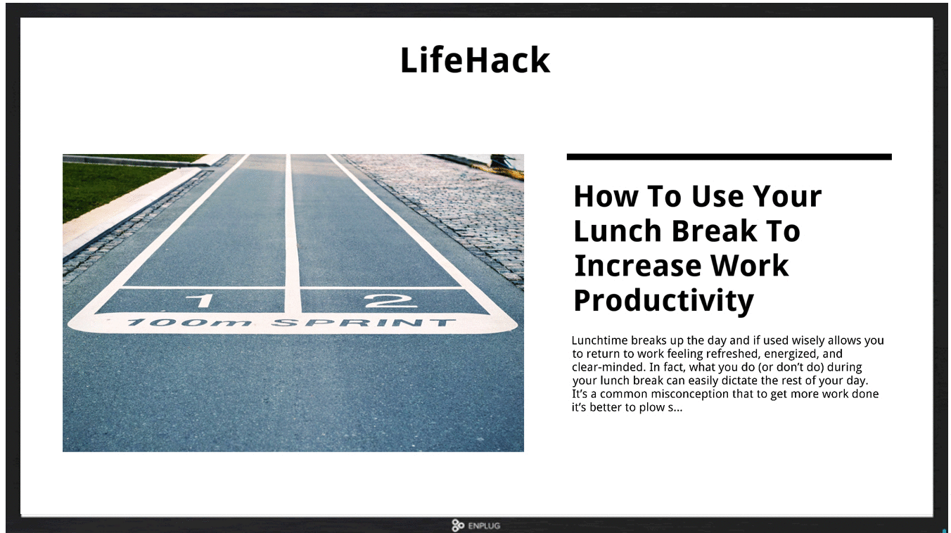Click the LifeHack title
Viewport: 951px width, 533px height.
(475, 60)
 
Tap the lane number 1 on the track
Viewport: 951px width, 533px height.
(200, 300)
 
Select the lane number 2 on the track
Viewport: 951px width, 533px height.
(390, 300)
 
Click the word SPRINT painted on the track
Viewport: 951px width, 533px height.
(364, 323)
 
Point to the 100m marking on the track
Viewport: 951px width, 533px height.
(189, 323)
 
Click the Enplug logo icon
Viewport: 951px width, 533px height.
(458, 525)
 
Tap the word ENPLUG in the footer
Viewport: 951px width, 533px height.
(484, 526)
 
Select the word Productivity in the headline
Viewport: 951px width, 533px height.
(663, 301)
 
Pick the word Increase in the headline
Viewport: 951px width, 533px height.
(638, 266)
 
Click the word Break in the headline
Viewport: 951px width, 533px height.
(714, 231)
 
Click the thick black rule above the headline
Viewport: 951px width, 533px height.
(729, 157)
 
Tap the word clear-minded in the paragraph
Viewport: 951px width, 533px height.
(608, 367)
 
